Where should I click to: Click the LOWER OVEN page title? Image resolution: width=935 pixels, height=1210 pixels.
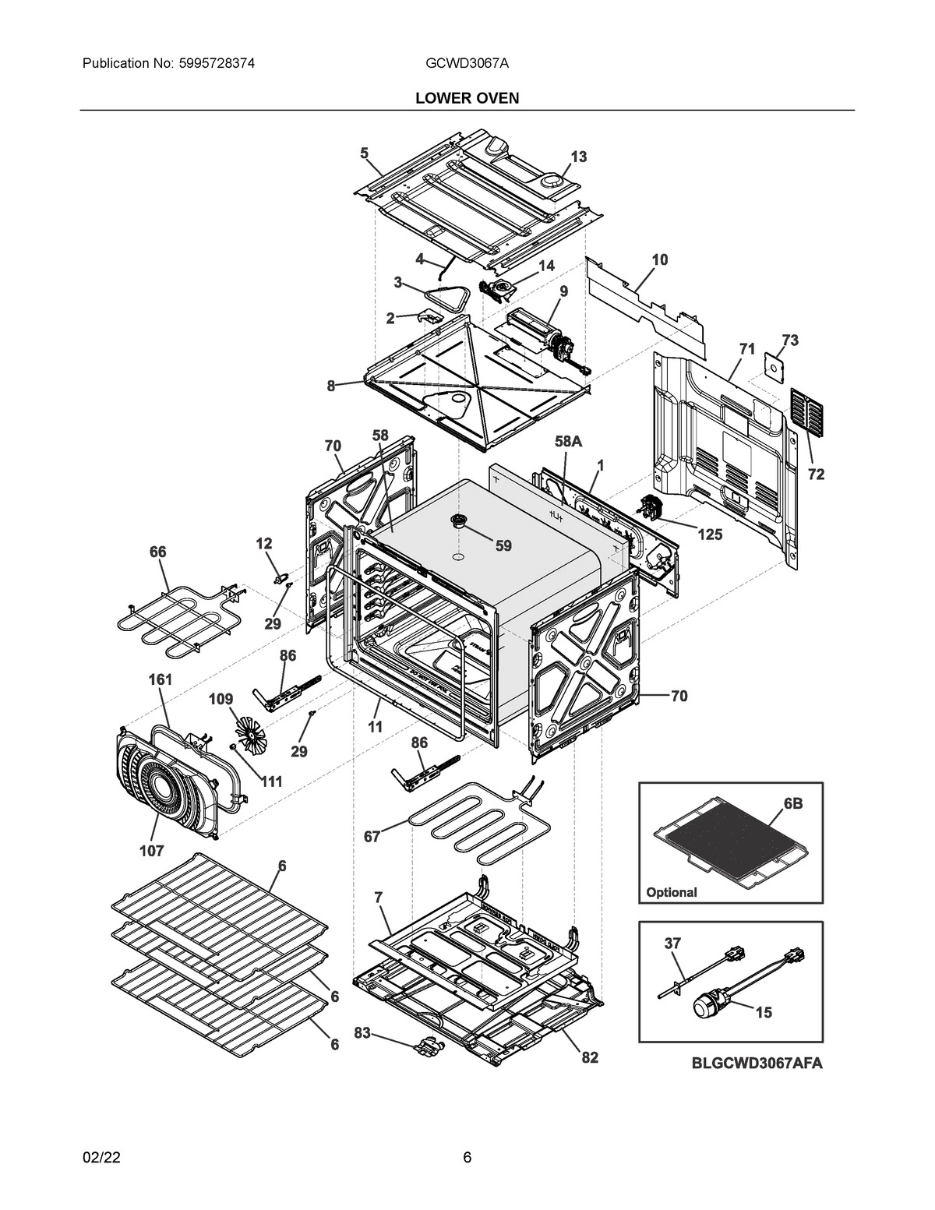coord(467,97)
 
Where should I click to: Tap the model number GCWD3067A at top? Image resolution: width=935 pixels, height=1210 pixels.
coord(467,63)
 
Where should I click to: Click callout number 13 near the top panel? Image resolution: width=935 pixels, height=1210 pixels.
coord(578,157)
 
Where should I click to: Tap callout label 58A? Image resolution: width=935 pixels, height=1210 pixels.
coord(568,441)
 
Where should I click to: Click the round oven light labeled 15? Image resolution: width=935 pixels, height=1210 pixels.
coord(711,1007)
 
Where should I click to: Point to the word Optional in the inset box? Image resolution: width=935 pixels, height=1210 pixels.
coord(672,892)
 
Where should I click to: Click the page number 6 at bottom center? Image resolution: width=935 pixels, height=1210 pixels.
coord(467,1157)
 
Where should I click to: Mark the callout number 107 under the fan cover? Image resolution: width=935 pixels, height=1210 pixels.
coord(151,851)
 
